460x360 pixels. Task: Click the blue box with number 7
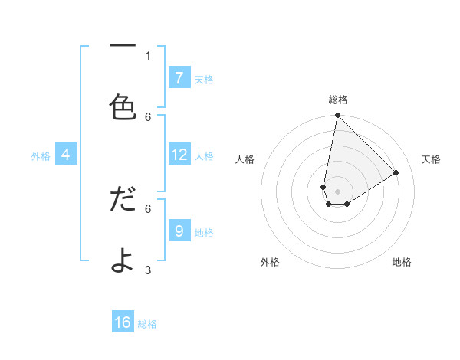click(x=179, y=78)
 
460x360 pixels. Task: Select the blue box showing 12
click(x=179, y=155)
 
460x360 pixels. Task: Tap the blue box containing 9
click(x=179, y=231)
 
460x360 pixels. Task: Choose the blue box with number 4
click(x=65, y=155)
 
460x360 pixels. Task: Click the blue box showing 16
click(x=123, y=322)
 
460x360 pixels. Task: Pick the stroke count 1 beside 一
click(x=148, y=55)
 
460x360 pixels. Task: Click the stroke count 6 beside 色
click(x=148, y=116)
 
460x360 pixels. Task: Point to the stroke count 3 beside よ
click(x=148, y=270)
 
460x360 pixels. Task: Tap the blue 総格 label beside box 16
click(x=147, y=324)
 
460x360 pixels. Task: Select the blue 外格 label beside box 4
click(x=41, y=156)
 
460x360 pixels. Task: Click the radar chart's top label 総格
click(x=337, y=100)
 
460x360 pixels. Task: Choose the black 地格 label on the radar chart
click(x=402, y=262)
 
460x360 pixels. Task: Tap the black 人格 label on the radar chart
click(x=245, y=159)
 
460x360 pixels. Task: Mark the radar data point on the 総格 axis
click(x=337, y=116)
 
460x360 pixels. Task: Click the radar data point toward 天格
click(x=396, y=172)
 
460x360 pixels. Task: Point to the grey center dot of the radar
click(x=337, y=191)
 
